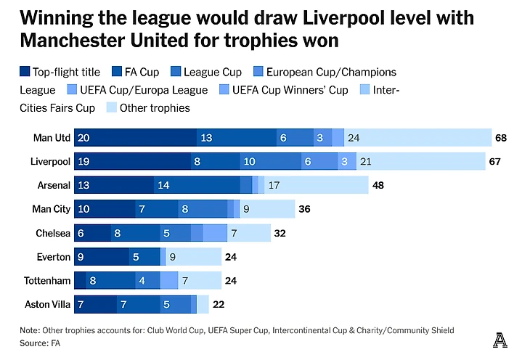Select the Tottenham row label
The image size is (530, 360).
pos(49,281)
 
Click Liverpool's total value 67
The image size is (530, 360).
pos(496,162)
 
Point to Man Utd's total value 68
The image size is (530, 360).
pos(501,138)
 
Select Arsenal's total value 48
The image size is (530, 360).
pos(378,185)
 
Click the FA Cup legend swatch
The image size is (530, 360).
pos(118,72)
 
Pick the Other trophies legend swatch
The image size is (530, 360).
pos(112,108)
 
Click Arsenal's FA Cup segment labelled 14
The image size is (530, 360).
pos(196,185)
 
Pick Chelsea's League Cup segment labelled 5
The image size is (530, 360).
pos(175,233)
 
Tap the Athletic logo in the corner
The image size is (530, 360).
pos(500,338)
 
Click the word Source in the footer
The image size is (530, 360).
pos(33,343)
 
